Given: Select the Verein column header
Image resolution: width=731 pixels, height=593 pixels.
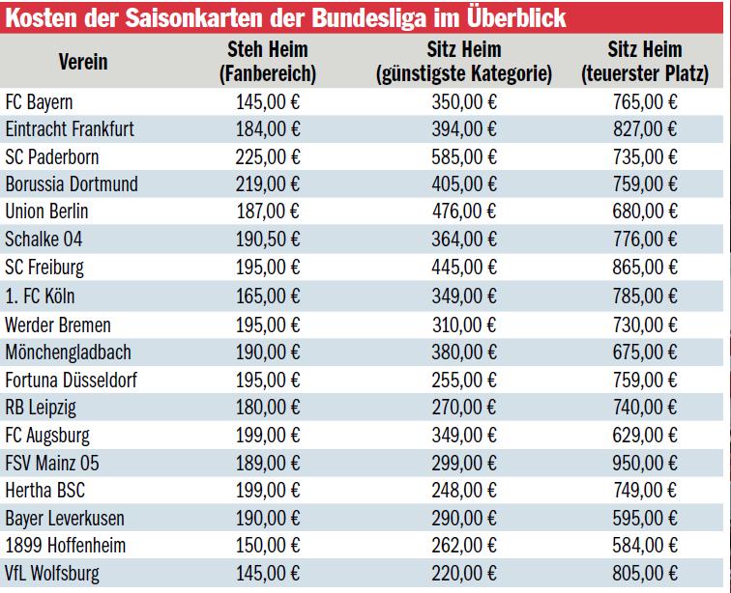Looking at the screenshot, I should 83,62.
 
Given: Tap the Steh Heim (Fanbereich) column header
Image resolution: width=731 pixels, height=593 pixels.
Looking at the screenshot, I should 268,61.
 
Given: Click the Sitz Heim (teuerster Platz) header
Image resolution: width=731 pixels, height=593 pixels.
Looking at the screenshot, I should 645,61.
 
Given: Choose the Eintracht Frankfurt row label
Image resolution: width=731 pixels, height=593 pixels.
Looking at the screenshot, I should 70,128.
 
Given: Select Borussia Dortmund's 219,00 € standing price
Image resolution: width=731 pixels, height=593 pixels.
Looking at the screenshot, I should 268,184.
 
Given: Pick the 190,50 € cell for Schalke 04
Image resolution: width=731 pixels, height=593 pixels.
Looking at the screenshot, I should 268,240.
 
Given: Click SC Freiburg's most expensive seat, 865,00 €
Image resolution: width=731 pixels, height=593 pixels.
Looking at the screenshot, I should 645,268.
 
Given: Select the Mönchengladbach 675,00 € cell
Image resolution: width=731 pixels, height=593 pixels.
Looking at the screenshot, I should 645,352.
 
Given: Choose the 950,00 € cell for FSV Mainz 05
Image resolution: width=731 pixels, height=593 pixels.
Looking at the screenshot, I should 645,463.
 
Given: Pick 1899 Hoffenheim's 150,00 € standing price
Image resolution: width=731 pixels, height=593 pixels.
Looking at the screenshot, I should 268,546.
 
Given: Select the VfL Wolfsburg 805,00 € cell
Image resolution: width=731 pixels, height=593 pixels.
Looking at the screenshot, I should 645,574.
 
